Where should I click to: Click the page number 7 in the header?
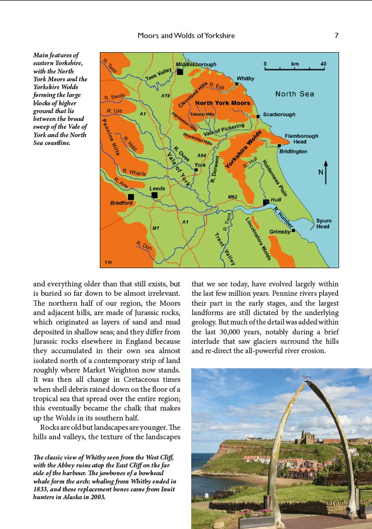pyautogui.click(x=336, y=35)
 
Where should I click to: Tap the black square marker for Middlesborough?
pyautogui.click(x=180, y=72)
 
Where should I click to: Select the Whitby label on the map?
pyautogui.click(x=246, y=78)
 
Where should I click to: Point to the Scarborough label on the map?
pyautogui.click(x=278, y=114)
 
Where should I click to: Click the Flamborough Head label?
pyautogui.click(x=301, y=139)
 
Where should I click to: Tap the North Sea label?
pyautogui.click(x=295, y=94)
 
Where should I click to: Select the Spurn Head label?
pyautogui.click(x=323, y=223)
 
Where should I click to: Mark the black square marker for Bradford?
pyautogui.click(x=131, y=197)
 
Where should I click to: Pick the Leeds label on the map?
pyautogui.click(x=157, y=188)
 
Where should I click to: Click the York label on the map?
pyautogui.click(x=200, y=165)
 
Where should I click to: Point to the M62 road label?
pyautogui.click(x=233, y=197)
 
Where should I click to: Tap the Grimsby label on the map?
pyautogui.click(x=280, y=231)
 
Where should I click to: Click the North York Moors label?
pyautogui.click(x=223, y=103)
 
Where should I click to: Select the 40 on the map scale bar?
pyautogui.click(x=323, y=64)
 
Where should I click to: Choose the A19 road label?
pyautogui.click(x=166, y=96)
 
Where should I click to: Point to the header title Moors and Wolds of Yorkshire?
pyautogui.click(x=186, y=35)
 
